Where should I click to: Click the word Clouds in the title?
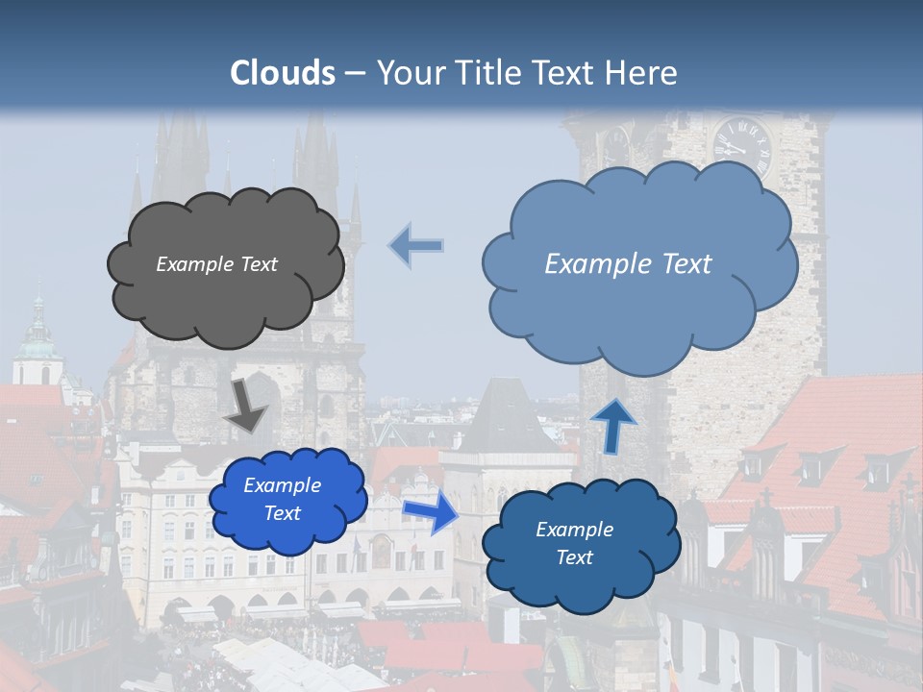(x=283, y=73)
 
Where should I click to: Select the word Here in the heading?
(x=641, y=73)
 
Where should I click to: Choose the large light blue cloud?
(x=639, y=308)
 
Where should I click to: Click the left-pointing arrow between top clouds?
(x=416, y=245)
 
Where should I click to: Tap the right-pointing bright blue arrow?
(x=430, y=512)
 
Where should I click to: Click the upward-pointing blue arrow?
(x=613, y=425)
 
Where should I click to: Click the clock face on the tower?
(x=742, y=146)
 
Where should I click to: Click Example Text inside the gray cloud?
(x=216, y=264)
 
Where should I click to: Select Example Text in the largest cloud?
(x=628, y=264)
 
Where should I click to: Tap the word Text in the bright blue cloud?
(x=282, y=513)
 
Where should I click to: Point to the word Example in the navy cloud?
(x=574, y=530)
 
